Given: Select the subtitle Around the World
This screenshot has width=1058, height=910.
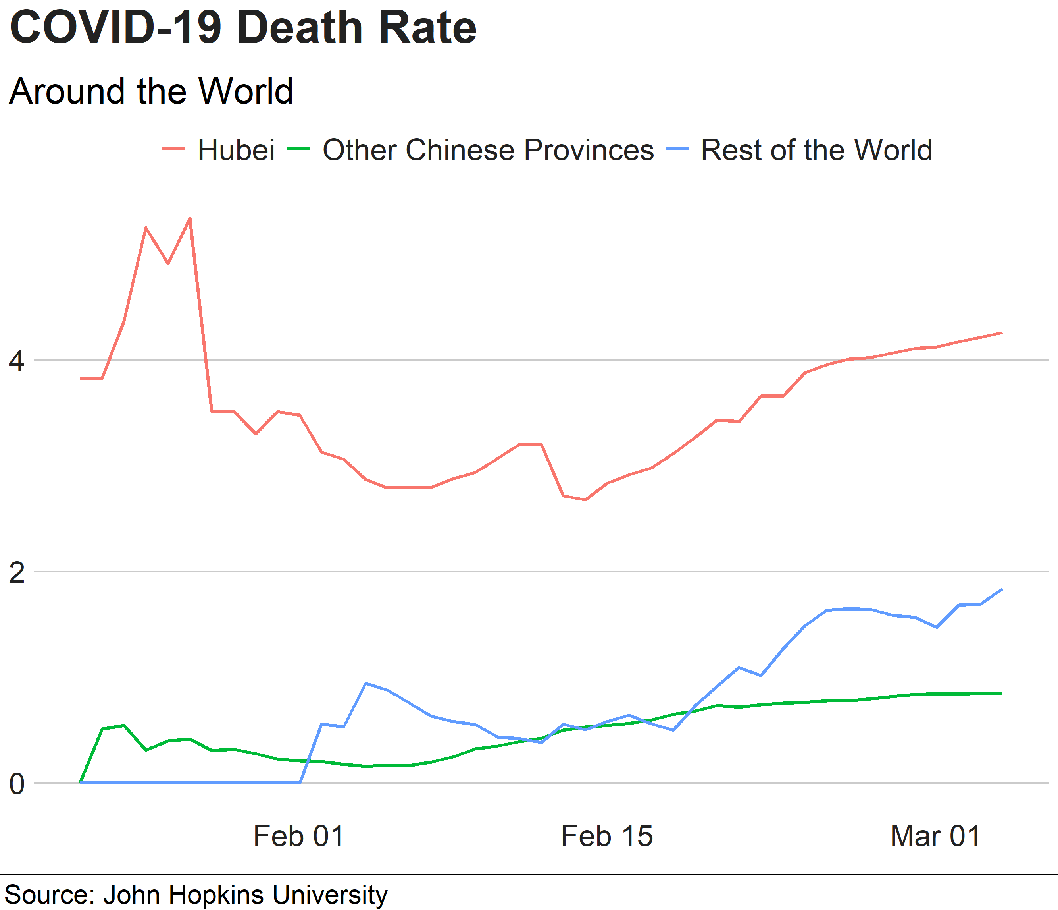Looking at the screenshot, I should [151, 92].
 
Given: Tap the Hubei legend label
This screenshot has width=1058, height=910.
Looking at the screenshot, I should [236, 150].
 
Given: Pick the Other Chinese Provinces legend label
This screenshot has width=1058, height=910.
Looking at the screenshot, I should [488, 150].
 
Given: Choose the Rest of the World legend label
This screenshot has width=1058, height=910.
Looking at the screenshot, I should [816, 150].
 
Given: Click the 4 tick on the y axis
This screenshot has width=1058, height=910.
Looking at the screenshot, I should [16, 361].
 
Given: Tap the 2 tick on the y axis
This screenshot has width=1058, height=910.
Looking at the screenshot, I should [16, 572].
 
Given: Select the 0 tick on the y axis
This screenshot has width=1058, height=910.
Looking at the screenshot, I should [16, 784].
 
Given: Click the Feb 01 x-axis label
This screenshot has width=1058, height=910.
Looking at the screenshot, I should [299, 837].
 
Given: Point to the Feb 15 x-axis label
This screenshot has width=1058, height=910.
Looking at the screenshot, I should [607, 837].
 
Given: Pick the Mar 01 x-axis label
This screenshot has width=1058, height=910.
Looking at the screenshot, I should [935, 837].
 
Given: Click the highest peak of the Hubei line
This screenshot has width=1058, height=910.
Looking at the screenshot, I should [190, 219].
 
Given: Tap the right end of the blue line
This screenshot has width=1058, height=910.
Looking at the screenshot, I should [1002, 589].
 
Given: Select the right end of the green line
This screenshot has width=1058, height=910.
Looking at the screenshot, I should [1002, 693].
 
